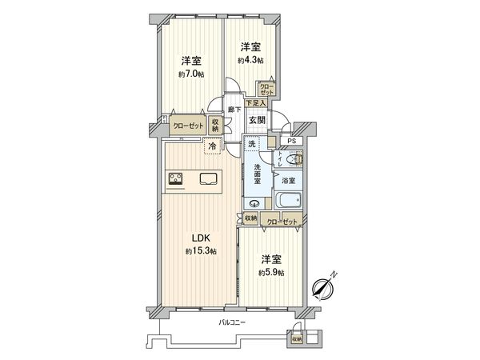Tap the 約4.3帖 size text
click(250, 60)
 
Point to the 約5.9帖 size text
click(271, 273)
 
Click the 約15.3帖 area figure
click(200, 251)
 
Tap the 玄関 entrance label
click(256, 120)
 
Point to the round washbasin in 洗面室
click(254, 202)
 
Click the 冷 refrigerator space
click(212, 146)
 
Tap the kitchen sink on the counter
click(208, 178)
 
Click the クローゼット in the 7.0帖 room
click(188, 126)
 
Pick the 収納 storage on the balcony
click(297, 339)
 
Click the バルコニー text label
click(231, 322)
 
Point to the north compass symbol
click(324, 286)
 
